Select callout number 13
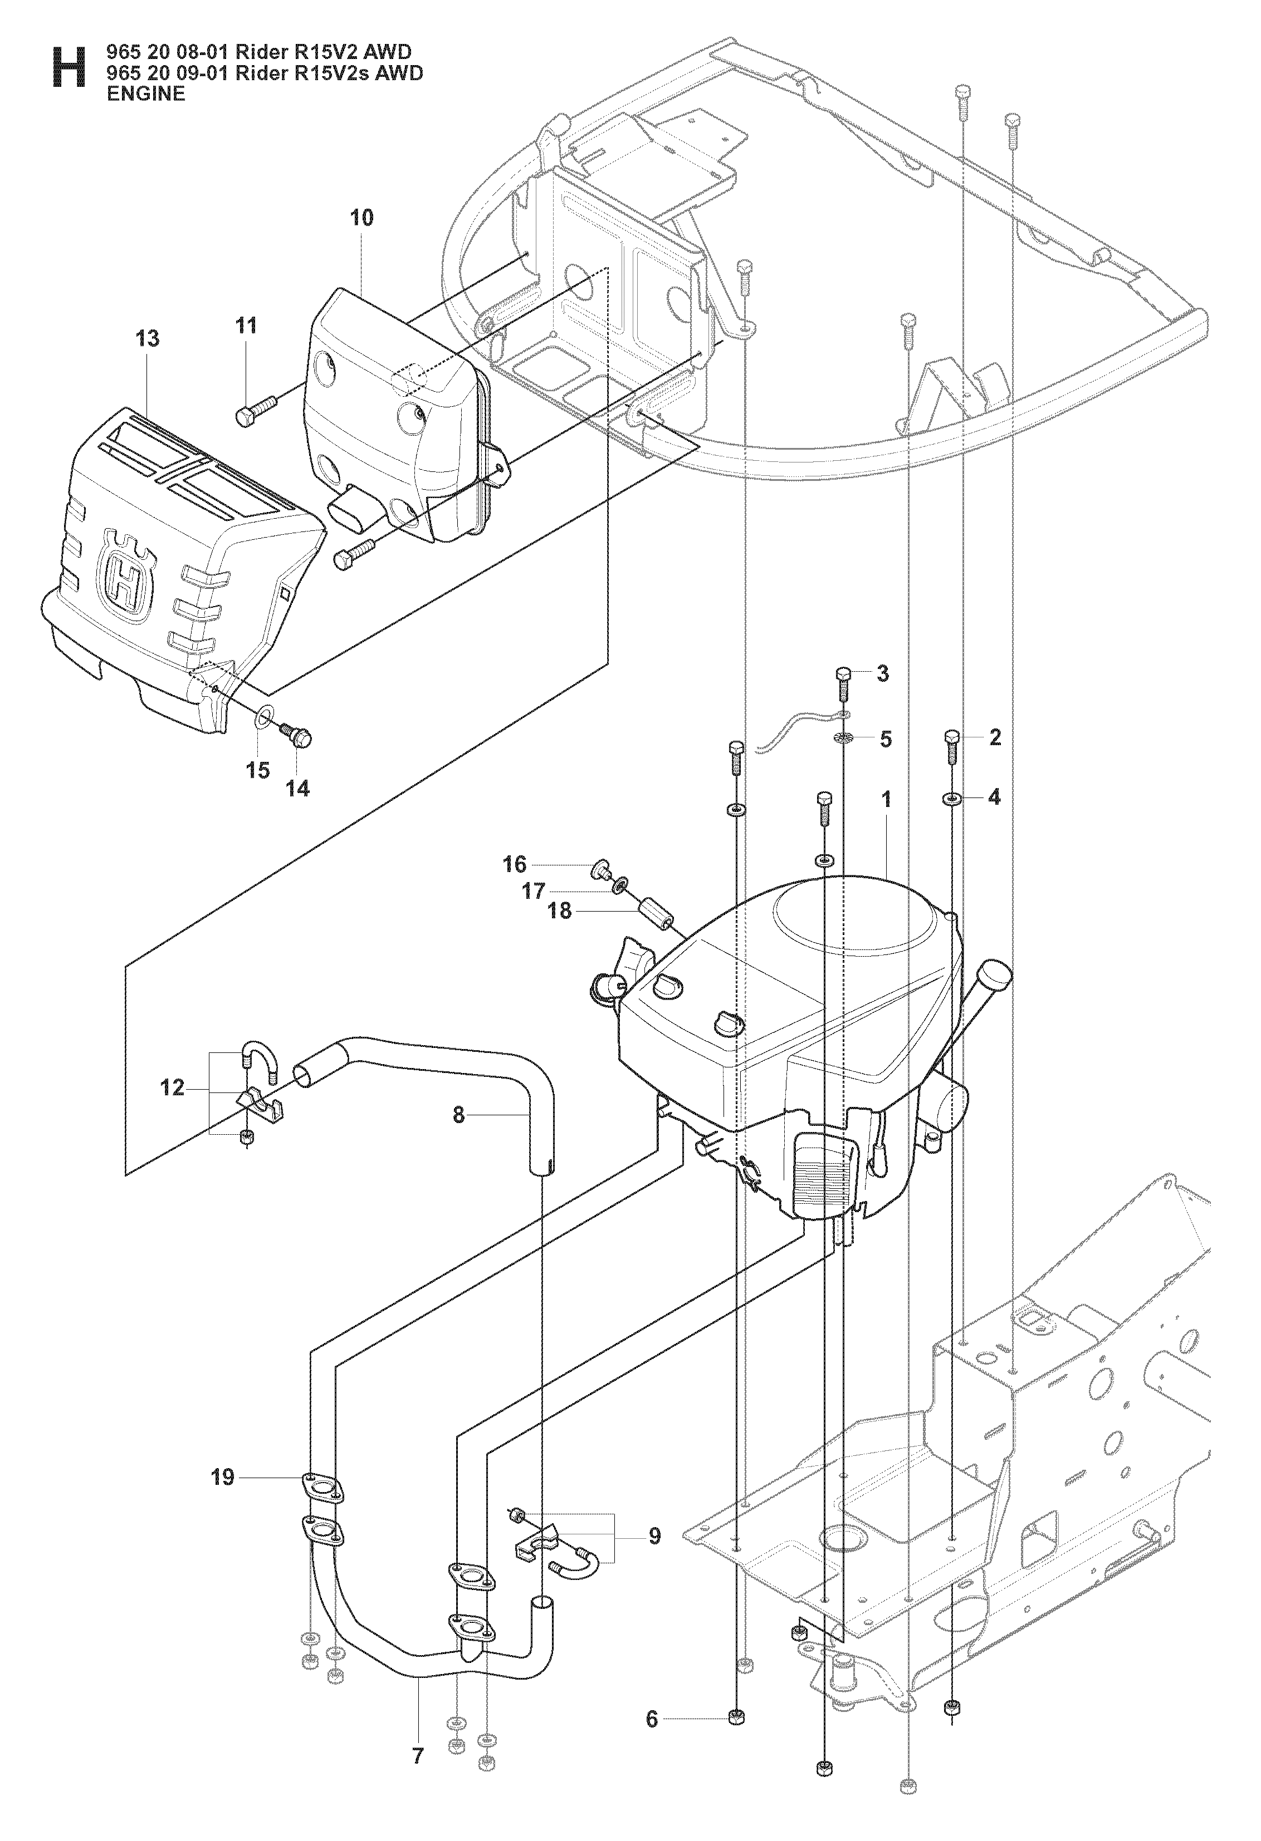click(148, 338)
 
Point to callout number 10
click(361, 217)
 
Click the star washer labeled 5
click(843, 739)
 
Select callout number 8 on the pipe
click(458, 1115)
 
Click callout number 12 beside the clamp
click(172, 1087)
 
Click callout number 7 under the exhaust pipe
click(418, 1732)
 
